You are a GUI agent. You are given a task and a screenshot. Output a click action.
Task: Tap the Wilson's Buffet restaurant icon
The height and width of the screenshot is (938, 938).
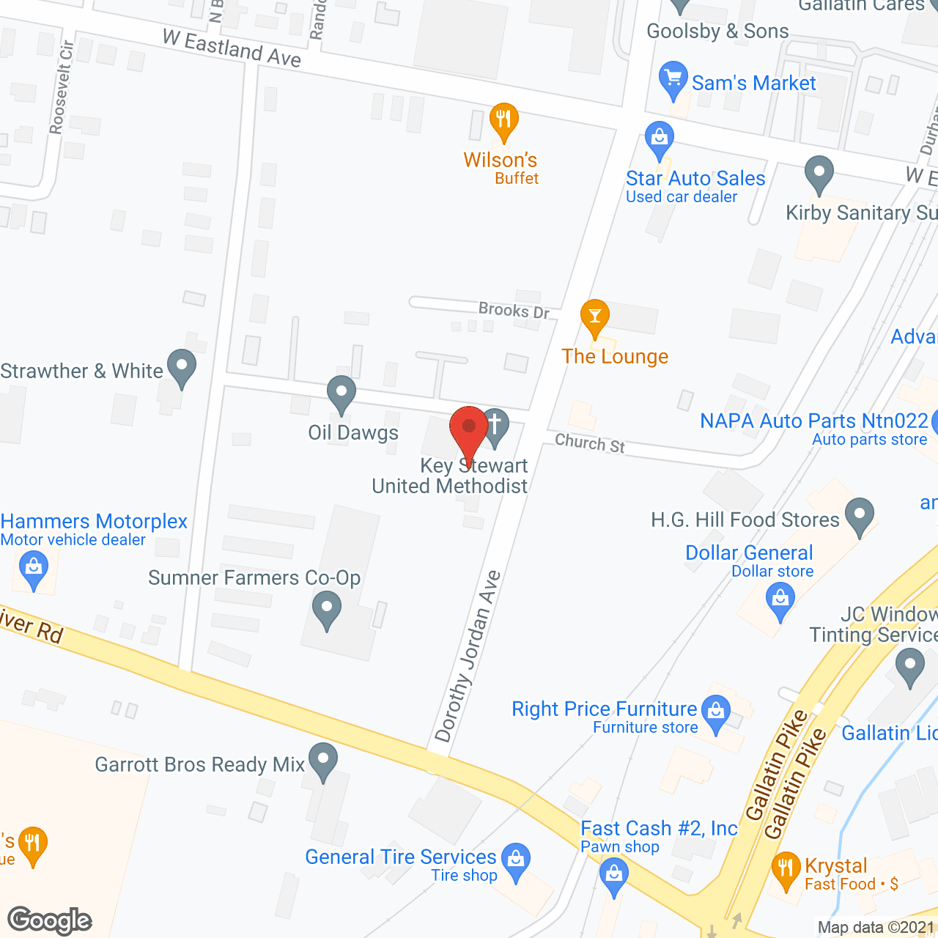(503, 120)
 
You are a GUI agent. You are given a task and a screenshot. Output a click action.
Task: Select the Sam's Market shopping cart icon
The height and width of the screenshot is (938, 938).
(673, 79)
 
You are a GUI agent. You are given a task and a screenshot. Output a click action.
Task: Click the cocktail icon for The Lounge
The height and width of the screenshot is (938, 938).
(595, 317)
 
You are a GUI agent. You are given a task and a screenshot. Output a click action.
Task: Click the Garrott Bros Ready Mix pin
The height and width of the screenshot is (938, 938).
(322, 760)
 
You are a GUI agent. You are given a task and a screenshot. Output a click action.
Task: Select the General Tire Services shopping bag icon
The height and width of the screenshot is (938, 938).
(517, 860)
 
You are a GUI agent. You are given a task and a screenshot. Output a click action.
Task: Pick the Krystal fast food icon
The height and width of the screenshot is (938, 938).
(786, 869)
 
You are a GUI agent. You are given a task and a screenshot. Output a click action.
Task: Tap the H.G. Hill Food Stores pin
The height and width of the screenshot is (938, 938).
(860, 515)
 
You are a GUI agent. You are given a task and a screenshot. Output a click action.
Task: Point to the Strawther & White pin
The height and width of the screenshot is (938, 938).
(182, 366)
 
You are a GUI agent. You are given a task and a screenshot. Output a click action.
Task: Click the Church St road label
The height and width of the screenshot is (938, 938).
(590, 443)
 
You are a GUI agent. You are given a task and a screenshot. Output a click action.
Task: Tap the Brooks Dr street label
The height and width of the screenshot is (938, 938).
(514, 310)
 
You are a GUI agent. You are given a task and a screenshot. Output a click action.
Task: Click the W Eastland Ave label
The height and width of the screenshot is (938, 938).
(232, 48)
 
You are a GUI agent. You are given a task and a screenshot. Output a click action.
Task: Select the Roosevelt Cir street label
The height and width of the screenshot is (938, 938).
(62, 87)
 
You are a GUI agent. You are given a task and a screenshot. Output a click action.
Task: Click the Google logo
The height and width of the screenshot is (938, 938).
(50, 920)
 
